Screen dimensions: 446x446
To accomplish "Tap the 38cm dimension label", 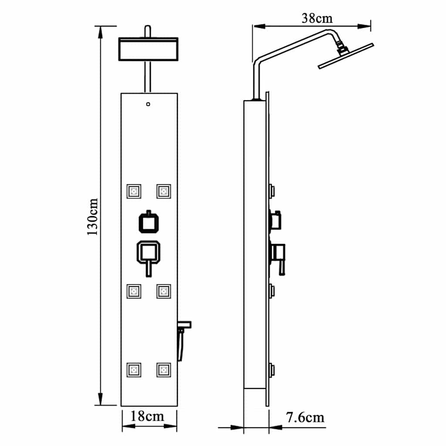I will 317,18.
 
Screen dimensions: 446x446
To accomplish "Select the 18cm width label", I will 149,416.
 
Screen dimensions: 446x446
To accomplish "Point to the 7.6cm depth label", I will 305,417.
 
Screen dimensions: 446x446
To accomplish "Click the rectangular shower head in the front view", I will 148,49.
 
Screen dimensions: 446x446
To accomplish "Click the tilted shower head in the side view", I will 346,56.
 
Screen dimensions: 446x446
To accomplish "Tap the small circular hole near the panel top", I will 149,104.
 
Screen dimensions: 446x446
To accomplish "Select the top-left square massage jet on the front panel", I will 134,191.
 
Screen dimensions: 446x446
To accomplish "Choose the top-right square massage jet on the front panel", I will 164,191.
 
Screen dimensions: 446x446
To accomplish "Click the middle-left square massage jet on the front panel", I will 134,291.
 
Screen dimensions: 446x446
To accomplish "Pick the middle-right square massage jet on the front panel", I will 164,291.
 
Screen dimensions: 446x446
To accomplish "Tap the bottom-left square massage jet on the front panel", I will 134,370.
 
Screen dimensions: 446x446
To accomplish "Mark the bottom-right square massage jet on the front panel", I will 164,370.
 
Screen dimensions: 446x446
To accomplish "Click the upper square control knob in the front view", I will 149,223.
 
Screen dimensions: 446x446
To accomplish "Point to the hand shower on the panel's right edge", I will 183,338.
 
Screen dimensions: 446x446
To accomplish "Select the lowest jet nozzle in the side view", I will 272,370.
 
